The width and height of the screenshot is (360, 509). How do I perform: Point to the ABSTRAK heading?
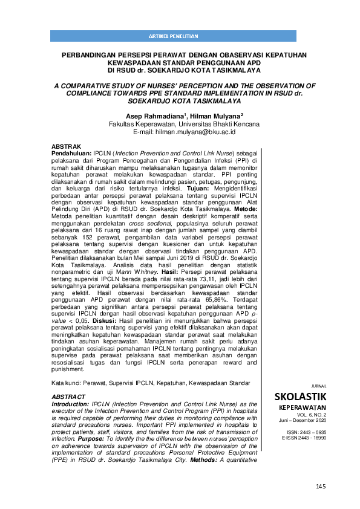click(x=66, y=147)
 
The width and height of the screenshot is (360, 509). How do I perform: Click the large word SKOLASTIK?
click(x=300, y=397)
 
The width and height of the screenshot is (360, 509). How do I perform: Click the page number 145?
click(x=320, y=487)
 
